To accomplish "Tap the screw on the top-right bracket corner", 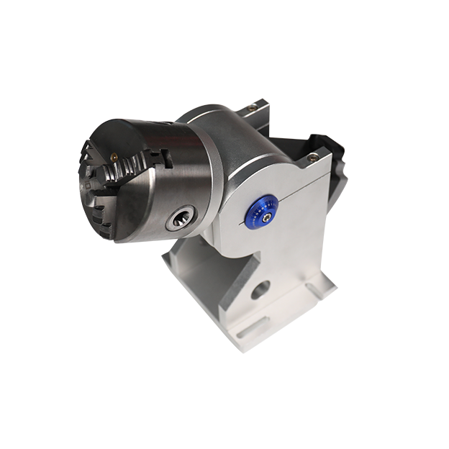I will [312, 156].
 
